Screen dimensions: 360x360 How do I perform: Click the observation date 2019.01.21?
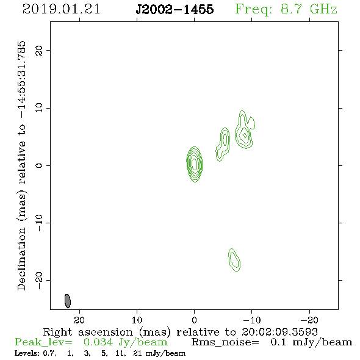coord(61,9)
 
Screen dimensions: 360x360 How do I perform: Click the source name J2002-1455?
coord(175,9)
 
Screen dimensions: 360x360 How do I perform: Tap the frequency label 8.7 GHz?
coord(309,9)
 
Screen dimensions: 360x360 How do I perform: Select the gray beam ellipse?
coord(68,301)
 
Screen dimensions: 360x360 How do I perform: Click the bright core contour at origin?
coord(195,164)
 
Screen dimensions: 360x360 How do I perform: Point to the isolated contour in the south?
coord(234,260)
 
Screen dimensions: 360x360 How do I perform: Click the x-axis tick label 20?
coord(79,320)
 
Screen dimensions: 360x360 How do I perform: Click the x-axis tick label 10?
coord(137,320)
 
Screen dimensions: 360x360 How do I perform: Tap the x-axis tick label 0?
coord(194,320)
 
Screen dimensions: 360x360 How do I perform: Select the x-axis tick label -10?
coord(252,320)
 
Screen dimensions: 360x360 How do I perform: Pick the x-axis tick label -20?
coord(309,320)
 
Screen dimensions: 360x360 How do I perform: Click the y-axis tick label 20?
coord(39,50)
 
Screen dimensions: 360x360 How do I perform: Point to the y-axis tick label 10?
coord(39,108)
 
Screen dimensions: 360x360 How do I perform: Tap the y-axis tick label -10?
coord(39,223)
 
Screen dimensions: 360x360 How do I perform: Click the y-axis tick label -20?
coord(39,280)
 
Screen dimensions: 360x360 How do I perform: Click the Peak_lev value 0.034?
coord(98,342)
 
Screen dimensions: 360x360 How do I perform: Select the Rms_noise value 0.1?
coord(278,342)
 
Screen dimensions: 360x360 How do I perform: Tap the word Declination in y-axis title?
coord(21,259)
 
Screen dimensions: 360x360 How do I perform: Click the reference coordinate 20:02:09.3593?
coord(279,332)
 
